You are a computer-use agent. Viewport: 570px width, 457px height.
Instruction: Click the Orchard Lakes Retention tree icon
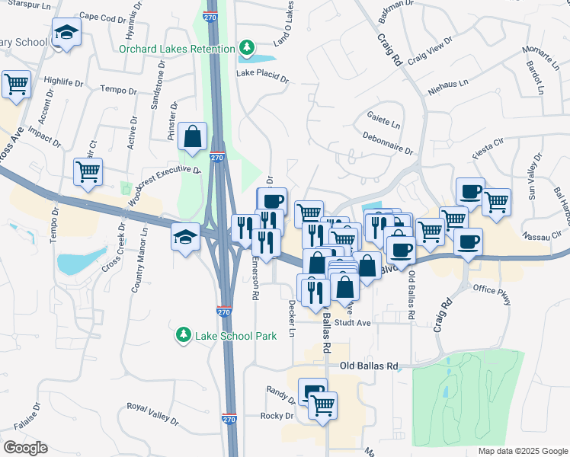point(246,50)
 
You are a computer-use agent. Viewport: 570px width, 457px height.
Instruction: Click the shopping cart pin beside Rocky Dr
point(323,405)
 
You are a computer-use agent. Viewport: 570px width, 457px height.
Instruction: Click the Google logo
point(24,448)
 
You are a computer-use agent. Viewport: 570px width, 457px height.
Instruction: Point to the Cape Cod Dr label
point(102,17)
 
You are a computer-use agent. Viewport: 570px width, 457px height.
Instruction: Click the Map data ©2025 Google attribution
point(522,451)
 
